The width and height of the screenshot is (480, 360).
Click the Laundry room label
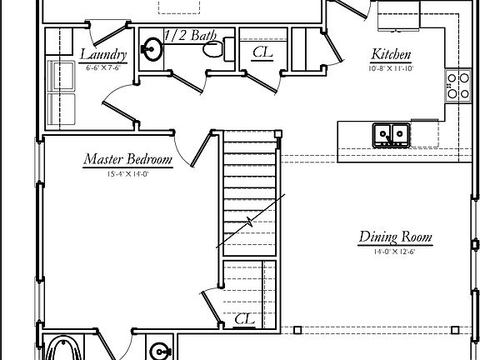click(x=104, y=55)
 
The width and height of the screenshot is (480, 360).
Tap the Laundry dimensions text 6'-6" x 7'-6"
click(x=104, y=67)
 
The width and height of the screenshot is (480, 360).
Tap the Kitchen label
click(x=390, y=55)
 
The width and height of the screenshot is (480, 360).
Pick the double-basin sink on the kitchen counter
click(x=390, y=133)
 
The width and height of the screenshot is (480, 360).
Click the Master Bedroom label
click(x=127, y=159)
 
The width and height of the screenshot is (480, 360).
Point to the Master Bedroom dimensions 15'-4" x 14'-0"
click(x=127, y=174)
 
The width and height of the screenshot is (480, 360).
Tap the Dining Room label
click(x=395, y=237)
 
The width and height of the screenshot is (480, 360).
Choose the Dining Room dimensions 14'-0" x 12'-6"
click(x=395, y=251)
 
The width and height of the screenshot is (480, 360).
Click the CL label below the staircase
click(x=244, y=318)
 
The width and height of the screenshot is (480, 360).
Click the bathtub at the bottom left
click(x=62, y=348)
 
